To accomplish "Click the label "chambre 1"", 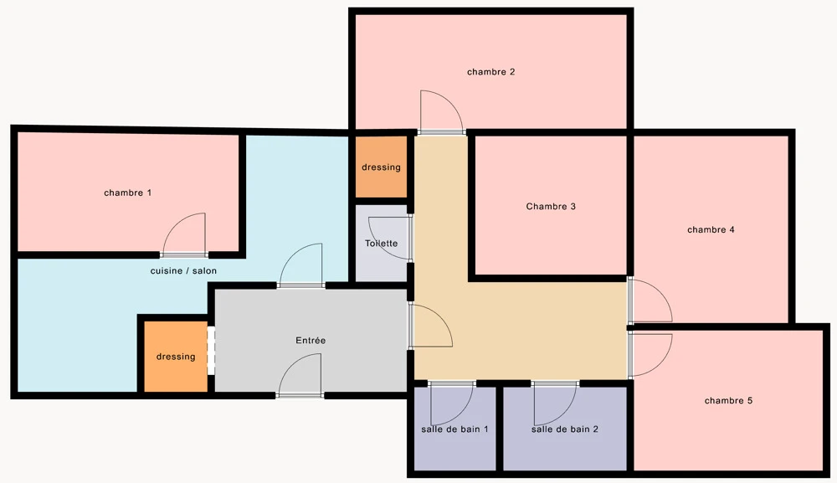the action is point(127,193).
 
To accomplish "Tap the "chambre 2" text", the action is point(491,71).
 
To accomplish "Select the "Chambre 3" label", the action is point(551,207).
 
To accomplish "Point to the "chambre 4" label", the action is point(711,229).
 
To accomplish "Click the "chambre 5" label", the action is point(729,400).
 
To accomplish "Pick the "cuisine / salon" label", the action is point(183,270).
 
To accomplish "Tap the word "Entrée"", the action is point(311,340).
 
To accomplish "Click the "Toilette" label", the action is point(381,244).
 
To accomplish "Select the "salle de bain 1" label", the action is point(454,429).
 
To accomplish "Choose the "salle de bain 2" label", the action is point(565,429).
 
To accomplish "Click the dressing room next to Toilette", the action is point(381,167).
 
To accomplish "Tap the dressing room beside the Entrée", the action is point(176,357).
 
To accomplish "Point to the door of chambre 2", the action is point(441,112).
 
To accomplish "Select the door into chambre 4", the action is point(650,300).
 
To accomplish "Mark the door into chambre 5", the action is point(650,355).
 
